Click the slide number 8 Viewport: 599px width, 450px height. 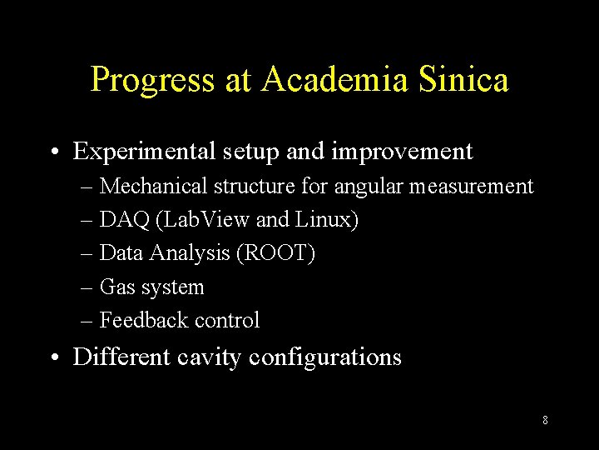pyautogui.click(x=545, y=420)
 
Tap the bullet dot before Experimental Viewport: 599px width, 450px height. pyautogui.click(x=53, y=152)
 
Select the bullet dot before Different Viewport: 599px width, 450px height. pyautogui.click(x=53, y=357)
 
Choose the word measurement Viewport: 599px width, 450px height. pyautogui.click(x=471, y=186)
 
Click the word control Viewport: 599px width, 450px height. pyautogui.click(x=227, y=320)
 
